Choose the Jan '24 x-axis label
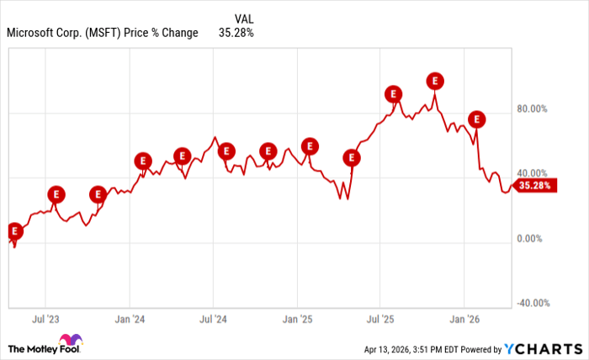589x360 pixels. (x=129, y=320)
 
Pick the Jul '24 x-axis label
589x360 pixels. (x=213, y=320)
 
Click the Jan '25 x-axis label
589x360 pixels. (x=296, y=320)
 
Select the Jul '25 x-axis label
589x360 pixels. (x=380, y=320)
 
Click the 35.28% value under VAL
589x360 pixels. (x=236, y=34)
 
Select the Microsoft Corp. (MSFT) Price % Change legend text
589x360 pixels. (x=102, y=34)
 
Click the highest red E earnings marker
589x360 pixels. (x=435, y=81)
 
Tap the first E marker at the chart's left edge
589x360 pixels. (x=13, y=230)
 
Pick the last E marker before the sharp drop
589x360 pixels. (x=477, y=119)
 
